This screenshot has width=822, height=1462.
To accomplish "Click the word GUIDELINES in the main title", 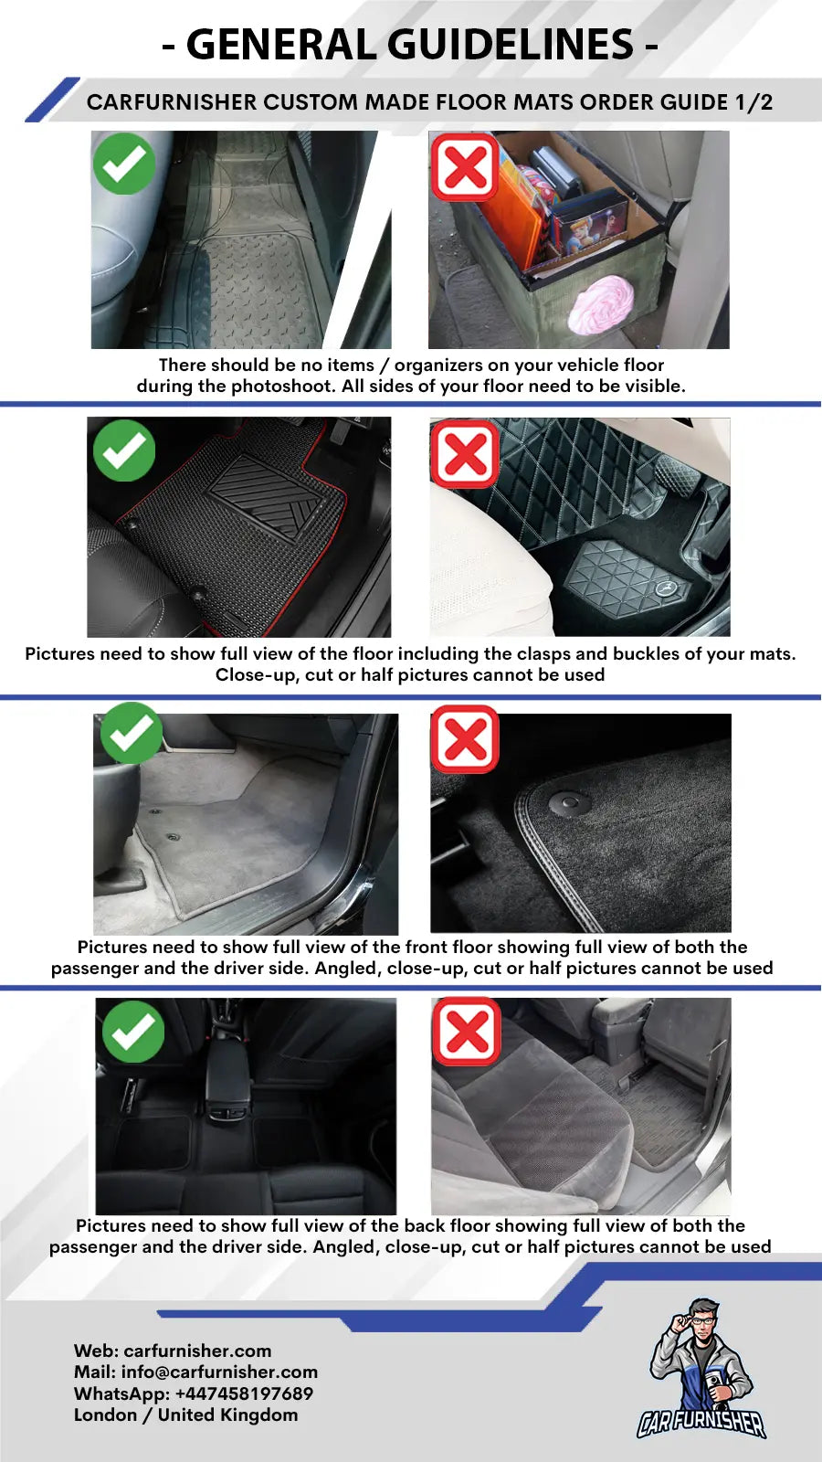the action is (x=511, y=45).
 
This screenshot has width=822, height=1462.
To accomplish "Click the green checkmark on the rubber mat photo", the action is (x=124, y=164).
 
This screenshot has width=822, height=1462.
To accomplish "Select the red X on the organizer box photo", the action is (x=465, y=167).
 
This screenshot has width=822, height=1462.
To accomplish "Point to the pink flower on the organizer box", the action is (x=601, y=303).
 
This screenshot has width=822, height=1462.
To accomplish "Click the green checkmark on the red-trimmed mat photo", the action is (x=124, y=450).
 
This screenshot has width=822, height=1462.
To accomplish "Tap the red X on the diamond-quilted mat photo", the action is (x=465, y=454).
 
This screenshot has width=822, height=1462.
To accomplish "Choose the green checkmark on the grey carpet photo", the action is (x=132, y=733).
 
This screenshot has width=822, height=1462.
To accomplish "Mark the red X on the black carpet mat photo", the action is (x=465, y=739).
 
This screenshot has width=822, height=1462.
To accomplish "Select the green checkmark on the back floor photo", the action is (x=133, y=1032).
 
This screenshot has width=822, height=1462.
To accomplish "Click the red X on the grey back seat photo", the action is (x=467, y=1032).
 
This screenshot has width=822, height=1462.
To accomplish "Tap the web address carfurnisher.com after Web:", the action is (x=197, y=1351).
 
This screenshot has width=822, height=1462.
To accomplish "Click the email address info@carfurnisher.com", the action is (x=219, y=1372).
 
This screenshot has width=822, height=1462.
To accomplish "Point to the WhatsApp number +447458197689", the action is (x=244, y=1393).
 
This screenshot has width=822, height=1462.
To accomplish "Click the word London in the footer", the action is (x=106, y=1415).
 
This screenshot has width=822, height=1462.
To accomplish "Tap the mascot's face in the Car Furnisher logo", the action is (x=702, y=1324).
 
